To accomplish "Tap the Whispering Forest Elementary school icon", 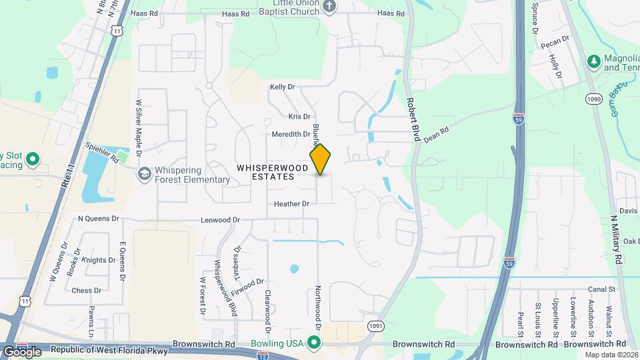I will pyautogui.click(x=143, y=173).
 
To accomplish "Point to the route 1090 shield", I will pyautogui.click(x=595, y=99).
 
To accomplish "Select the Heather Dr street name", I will pyautogui.click(x=291, y=203).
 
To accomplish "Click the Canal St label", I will pyautogui.click(x=601, y=289).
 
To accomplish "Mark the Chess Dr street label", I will pyautogui.click(x=86, y=291).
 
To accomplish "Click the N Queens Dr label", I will pyautogui.click(x=98, y=218).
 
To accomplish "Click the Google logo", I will pyautogui.click(x=22, y=351).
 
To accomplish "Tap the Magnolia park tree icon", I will pyautogui.click(x=593, y=61).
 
